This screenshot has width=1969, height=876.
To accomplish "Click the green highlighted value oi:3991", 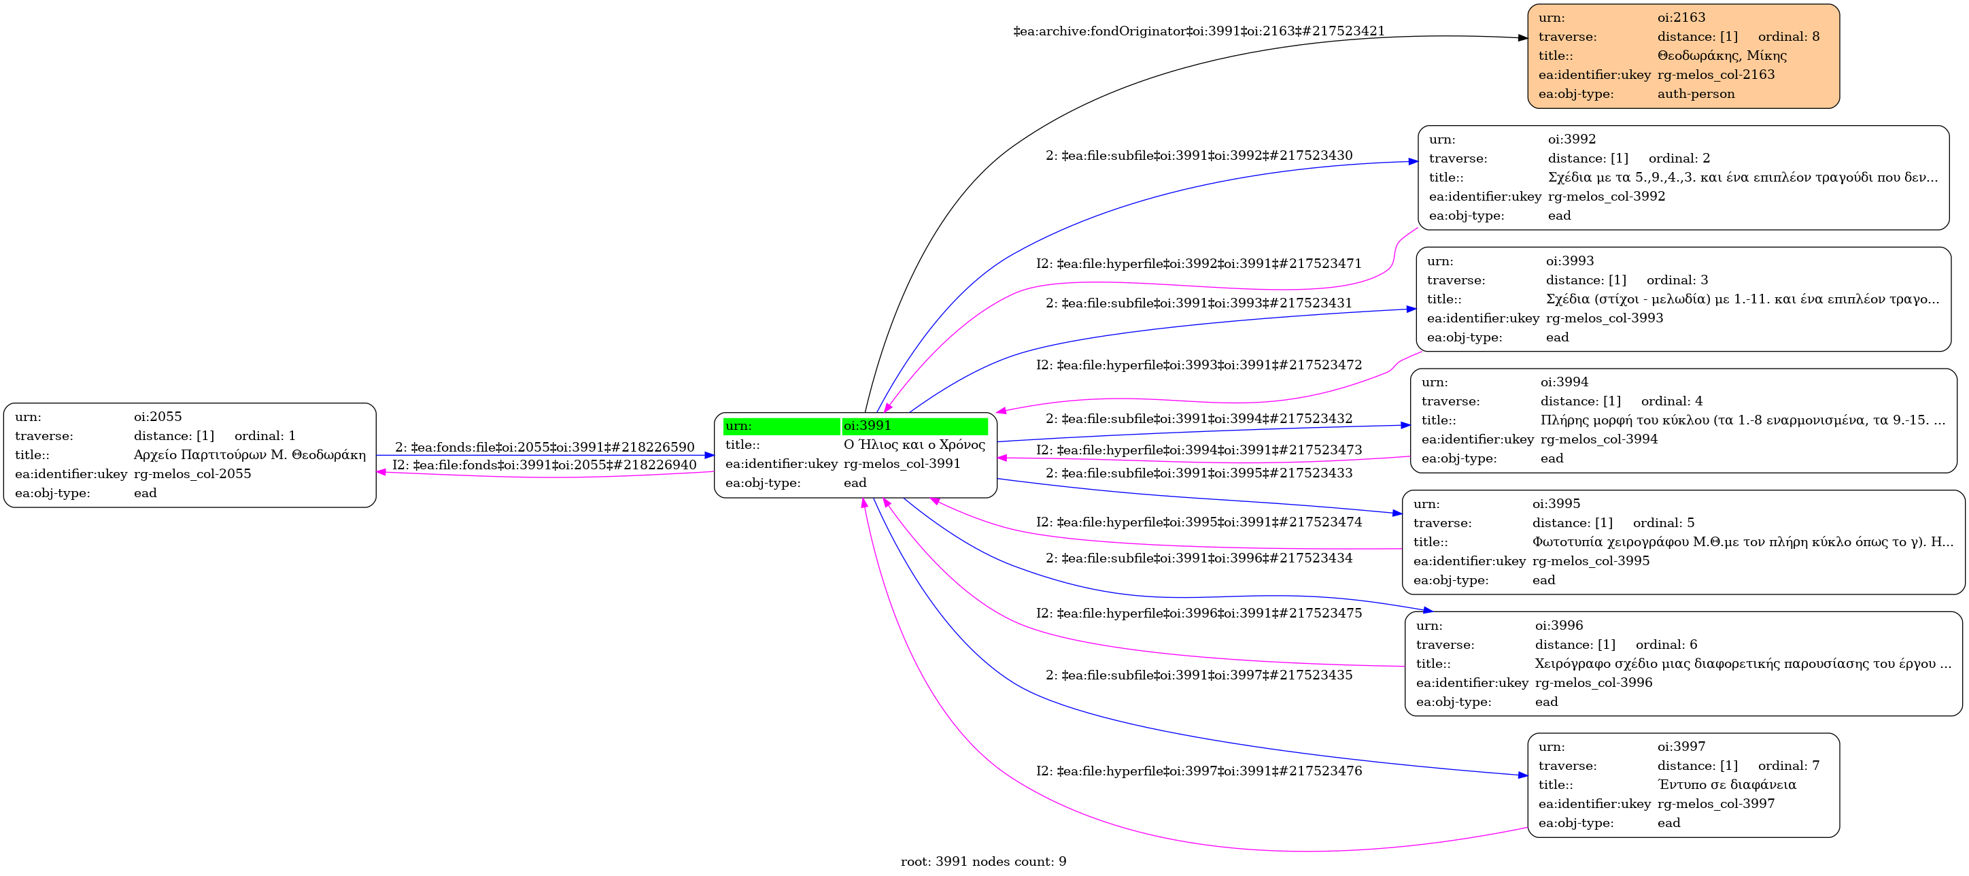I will click(867, 426).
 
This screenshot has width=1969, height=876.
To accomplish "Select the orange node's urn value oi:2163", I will click(1681, 18).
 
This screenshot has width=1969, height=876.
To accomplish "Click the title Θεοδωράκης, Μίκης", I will click(1722, 56).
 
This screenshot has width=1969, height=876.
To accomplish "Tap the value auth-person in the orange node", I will click(1696, 94).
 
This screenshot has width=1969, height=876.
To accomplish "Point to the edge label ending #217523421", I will click(1199, 31).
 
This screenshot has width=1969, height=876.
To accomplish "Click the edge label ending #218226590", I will click(544, 447).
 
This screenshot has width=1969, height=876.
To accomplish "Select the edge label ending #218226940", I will click(544, 465).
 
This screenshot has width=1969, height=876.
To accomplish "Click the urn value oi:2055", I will click(158, 417).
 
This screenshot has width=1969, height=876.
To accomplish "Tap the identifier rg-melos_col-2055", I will click(192, 474).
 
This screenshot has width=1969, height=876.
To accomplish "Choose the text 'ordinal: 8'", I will click(1789, 37).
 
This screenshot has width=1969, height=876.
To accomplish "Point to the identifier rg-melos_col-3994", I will click(1598, 439).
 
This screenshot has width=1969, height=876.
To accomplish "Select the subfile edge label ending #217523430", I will click(1199, 156).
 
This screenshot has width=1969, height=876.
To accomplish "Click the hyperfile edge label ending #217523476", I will click(1199, 771).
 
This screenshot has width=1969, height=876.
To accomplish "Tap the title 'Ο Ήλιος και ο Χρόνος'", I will click(914, 445).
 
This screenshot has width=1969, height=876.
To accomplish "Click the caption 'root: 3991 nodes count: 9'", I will click(983, 862).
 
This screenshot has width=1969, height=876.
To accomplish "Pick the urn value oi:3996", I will click(1558, 625).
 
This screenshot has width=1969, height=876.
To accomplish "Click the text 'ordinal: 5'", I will click(1663, 523).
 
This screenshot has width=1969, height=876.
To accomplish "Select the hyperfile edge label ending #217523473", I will click(1199, 450).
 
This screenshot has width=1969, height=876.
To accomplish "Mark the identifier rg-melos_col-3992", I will click(1606, 197).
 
